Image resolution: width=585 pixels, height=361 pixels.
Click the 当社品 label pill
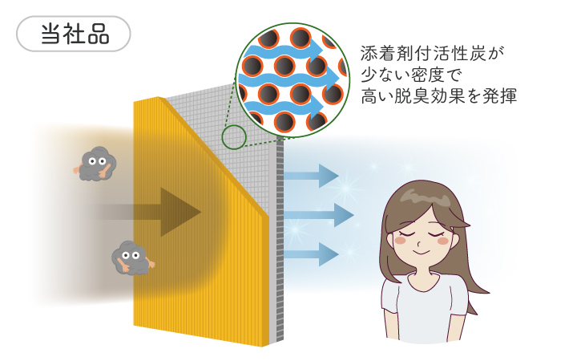coord(74,34)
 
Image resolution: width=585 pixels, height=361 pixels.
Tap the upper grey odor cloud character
coord(95,164)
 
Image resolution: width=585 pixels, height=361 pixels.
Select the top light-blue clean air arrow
coord(312,176)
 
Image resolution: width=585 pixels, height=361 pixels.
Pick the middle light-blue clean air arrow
coord(319,215)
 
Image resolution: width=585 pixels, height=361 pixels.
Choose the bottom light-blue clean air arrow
coord(312,254)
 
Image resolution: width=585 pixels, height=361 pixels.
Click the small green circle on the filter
coord(234,137)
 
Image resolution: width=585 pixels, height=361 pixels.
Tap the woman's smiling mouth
coord(422,253)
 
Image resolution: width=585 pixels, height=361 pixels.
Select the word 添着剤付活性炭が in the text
coord(432,54)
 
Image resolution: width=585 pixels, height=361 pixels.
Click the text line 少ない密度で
coord(411,75)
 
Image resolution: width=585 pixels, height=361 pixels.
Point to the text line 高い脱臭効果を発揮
coord(439,96)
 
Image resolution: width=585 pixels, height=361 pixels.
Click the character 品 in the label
coord(99,34)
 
